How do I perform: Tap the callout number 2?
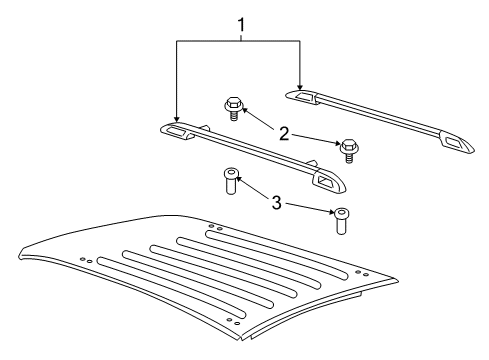[285, 133]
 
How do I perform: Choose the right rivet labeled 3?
[343, 219]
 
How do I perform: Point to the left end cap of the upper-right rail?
[303, 96]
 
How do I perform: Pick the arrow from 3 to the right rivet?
[312, 206]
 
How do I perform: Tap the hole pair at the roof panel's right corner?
[359, 271]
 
